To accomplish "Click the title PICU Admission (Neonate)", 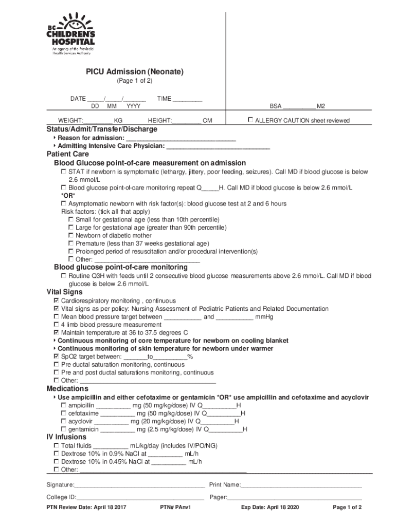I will pos(134,72).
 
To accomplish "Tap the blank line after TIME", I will pos(187,99).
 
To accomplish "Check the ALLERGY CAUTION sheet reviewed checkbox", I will pos(250,120).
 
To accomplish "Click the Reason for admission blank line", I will pos(181,139).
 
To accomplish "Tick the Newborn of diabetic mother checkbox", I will pos(71,236).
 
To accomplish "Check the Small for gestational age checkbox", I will pos(71,219).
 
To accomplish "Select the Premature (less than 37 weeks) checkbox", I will pos(71,243).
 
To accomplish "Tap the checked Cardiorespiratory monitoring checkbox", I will pos(57,300).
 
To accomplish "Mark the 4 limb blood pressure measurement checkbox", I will pos(57,325).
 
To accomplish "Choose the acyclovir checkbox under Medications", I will pos(64,421).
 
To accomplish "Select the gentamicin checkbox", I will pos(64,429).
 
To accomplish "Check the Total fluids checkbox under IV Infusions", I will pos(57,446).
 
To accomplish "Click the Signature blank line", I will pos(139,485).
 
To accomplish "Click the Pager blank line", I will pos(294,498).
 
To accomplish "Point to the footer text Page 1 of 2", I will pos(347,508).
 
